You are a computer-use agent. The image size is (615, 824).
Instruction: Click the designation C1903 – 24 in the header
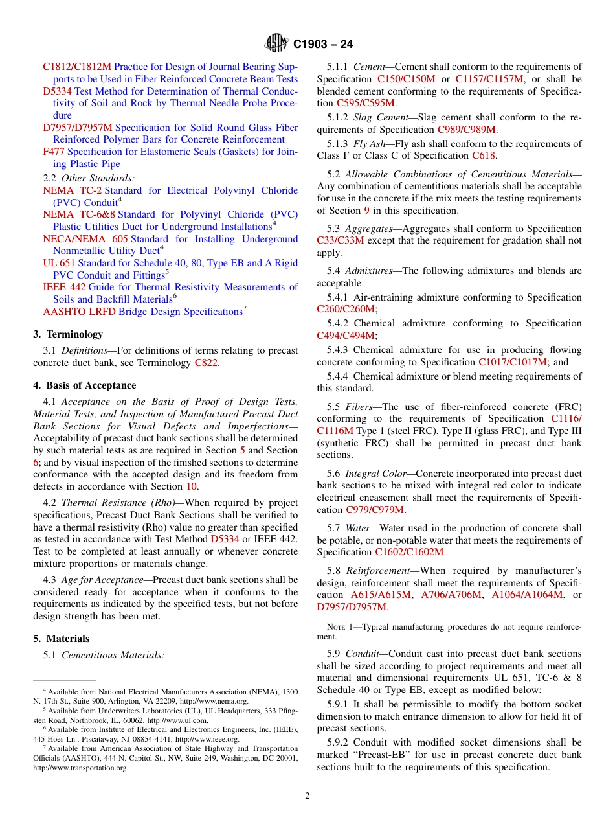pyautogui.click(x=323, y=45)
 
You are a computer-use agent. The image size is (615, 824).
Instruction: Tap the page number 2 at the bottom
pyautogui.click(x=307, y=796)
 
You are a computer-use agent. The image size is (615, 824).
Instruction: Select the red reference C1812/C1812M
pyautogui.click(x=77, y=67)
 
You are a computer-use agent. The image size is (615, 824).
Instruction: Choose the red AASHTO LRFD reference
pyautogui.click(x=80, y=312)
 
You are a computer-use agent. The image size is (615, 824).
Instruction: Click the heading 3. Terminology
pyautogui.click(x=68, y=334)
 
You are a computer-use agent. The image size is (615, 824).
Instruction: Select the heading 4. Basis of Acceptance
pyautogui.click(x=85, y=385)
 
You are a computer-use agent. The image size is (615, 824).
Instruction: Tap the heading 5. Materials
pyautogui.click(x=61, y=638)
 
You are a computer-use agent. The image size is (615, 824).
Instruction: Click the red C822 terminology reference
pyautogui.click(x=206, y=363)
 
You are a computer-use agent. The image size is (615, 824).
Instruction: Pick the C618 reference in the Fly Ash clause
pyautogui.click(x=483, y=155)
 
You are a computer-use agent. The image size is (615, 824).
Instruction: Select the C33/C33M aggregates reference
pyautogui.click(x=341, y=240)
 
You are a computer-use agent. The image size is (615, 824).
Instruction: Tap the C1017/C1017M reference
pyautogui.click(x=513, y=362)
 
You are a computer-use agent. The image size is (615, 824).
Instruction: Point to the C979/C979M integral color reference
pyautogui.click(x=375, y=510)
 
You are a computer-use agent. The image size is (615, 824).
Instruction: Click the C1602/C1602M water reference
pyautogui.click(x=410, y=552)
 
